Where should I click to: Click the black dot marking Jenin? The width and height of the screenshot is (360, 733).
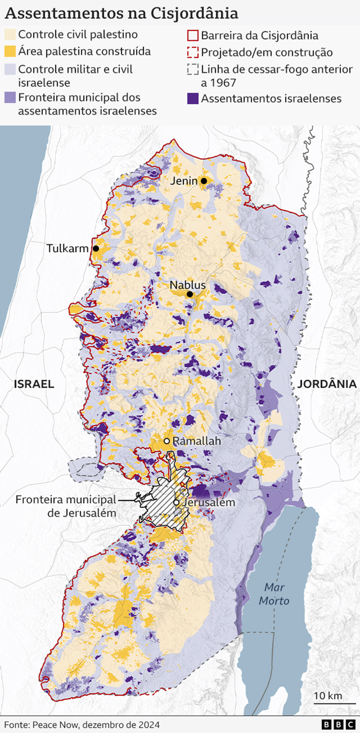pyautogui.click(x=204, y=181)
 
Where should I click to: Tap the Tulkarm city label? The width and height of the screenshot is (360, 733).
pyautogui.click(x=67, y=249)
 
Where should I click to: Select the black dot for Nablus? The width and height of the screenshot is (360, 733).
pyautogui.click(x=190, y=294)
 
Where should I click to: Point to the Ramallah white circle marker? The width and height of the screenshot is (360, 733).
pyautogui.click(x=166, y=441)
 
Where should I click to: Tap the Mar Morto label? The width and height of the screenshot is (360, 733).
pyautogui.click(x=274, y=594)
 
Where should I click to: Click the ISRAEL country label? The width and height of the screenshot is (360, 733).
pyautogui.click(x=34, y=384)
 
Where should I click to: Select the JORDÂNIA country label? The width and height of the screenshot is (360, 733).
pyautogui.click(x=327, y=384)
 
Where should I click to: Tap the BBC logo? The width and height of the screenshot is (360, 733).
pyautogui.click(x=337, y=725)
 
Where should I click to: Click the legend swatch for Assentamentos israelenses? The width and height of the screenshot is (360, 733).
pyautogui.click(x=193, y=99)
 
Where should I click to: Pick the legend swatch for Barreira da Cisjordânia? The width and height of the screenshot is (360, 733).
pyautogui.click(x=193, y=35)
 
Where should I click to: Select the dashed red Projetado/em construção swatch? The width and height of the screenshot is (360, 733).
pyautogui.click(x=193, y=52)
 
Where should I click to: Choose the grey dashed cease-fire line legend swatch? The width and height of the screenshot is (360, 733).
pyautogui.click(x=193, y=70)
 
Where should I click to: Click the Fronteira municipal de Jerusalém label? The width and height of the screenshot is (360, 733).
pyautogui.click(x=66, y=506)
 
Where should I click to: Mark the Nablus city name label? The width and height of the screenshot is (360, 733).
pyautogui.click(x=187, y=285)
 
